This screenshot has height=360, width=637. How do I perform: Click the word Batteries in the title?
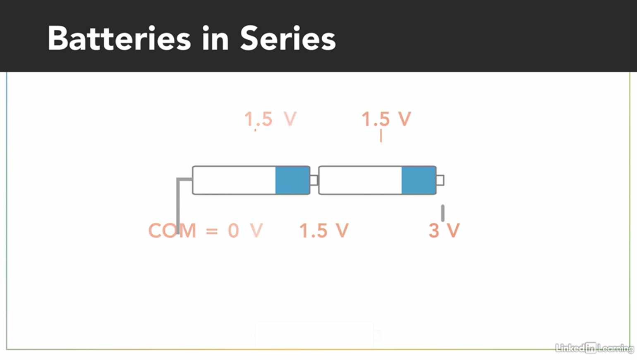(x=119, y=39)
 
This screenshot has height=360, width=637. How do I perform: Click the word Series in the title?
(x=288, y=39)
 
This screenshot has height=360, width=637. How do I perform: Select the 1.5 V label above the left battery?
(x=271, y=119)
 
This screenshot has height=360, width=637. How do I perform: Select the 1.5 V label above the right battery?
(x=386, y=119)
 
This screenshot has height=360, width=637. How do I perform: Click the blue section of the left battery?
(x=292, y=180)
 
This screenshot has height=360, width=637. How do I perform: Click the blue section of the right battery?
(x=419, y=180)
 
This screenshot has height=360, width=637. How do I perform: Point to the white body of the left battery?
(x=234, y=180)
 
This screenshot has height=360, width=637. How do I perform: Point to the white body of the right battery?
(x=360, y=180)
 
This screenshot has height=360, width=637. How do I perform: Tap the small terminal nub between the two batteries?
(x=314, y=180)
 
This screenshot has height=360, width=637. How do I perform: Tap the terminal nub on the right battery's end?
(x=440, y=180)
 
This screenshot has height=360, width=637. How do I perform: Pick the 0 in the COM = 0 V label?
(x=233, y=231)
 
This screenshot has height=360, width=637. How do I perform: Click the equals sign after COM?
(x=212, y=231)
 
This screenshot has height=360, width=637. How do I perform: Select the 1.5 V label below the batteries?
(x=324, y=231)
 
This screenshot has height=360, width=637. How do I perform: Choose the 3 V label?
(x=444, y=231)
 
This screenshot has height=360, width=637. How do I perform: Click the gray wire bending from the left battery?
(x=178, y=203)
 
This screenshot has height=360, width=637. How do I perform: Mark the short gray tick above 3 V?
(x=443, y=213)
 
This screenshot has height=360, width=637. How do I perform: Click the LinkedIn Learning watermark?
(x=594, y=348)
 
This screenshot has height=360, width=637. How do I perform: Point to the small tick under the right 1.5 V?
(x=381, y=136)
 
